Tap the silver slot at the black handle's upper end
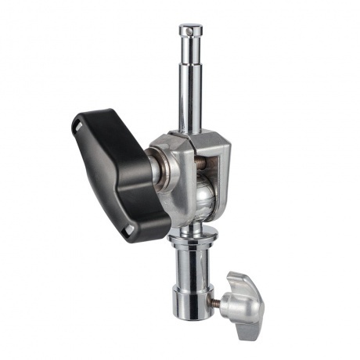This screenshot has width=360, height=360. click(81, 124)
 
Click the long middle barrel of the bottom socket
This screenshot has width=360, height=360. click(193, 266)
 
